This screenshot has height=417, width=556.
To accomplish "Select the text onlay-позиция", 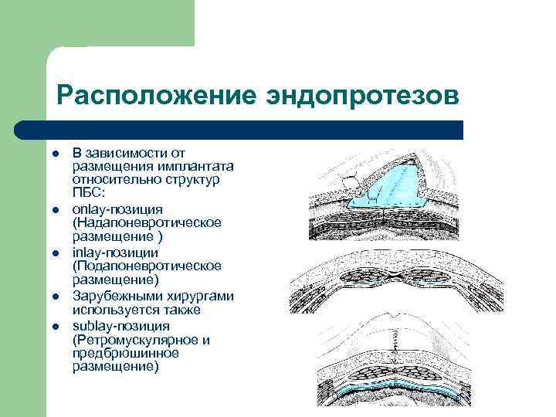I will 117,209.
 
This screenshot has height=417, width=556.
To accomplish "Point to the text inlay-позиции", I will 115,253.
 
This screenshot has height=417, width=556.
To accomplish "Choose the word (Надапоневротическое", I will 147,222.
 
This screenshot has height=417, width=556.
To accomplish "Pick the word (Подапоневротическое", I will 147,266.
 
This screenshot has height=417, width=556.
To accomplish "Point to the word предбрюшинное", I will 126,353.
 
